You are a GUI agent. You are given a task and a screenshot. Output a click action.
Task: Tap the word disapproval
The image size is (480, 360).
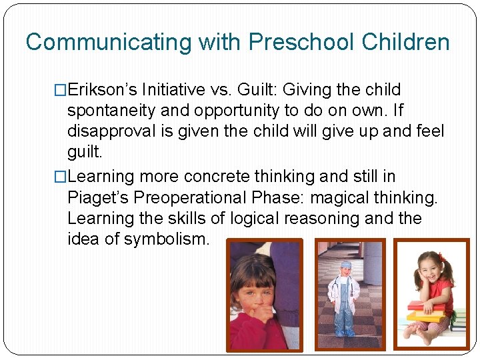pos(110,131)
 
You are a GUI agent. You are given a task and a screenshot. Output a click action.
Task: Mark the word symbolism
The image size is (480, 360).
pos(171,239)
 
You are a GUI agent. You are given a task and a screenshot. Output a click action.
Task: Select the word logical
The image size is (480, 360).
pos(259,219)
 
